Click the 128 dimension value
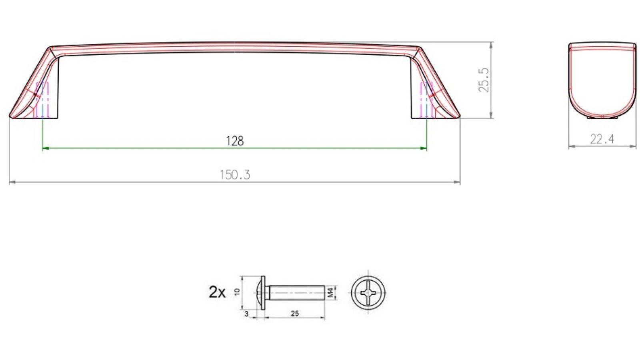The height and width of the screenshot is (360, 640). (x=234, y=141)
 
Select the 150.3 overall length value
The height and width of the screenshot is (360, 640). (x=234, y=175)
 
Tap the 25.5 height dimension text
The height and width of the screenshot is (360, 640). (x=484, y=80)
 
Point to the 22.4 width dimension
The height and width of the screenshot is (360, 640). (x=602, y=139)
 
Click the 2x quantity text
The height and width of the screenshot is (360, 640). (x=217, y=292)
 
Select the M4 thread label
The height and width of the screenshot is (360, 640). (x=330, y=292)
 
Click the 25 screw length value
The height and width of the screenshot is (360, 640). (x=295, y=314)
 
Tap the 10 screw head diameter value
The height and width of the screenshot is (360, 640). (x=237, y=292)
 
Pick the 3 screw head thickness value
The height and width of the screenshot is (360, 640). (x=246, y=314)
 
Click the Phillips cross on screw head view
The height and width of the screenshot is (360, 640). (x=368, y=292)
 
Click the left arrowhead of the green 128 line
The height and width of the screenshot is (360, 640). (x=45, y=148)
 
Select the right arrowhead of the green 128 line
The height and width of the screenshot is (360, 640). (x=424, y=148)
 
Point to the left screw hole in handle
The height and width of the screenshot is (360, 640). (x=42, y=100)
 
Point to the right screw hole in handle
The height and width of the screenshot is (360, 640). (x=426, y=100)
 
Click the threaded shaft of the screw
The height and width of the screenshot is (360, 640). (x=296, y=292)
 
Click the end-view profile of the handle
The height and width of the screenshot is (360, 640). (x=602, y=80)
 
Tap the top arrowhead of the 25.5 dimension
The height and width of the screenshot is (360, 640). (x=491, y=44)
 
